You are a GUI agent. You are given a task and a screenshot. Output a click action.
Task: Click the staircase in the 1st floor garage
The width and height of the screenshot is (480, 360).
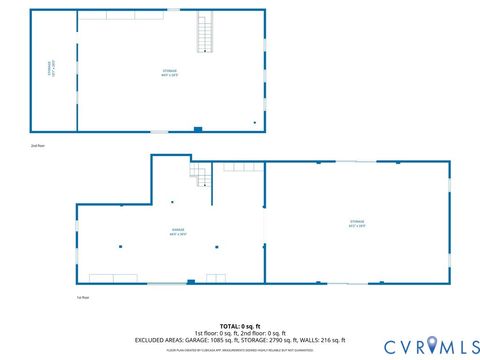200,177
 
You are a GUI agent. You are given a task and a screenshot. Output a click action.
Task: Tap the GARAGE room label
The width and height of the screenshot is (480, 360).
178,231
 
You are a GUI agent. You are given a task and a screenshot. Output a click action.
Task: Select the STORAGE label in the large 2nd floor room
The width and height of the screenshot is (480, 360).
170,71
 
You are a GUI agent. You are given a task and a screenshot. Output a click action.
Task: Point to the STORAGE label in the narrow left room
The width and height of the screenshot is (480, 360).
50,69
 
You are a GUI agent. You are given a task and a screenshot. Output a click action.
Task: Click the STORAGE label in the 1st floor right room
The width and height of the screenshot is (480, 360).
357,222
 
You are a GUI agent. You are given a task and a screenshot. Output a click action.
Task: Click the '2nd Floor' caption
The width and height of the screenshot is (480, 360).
38,147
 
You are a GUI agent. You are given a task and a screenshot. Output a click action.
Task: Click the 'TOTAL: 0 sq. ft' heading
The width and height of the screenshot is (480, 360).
240,326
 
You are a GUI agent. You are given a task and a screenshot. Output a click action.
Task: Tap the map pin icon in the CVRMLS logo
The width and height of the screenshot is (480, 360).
433,344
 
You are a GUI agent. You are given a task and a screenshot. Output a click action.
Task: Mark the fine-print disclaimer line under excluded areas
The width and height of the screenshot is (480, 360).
240,348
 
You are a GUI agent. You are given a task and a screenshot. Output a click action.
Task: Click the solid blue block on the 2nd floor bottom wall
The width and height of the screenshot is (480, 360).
198,128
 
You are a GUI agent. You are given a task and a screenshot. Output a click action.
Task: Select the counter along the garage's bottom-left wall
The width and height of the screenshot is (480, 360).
112,278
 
